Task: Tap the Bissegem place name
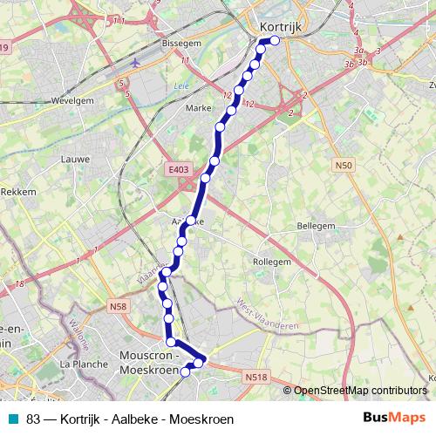point(181,42)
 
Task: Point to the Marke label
point(201,109)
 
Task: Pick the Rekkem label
point(17,191)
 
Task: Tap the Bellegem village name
point(317,226)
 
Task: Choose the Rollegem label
point(271,261)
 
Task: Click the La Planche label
point(82,364)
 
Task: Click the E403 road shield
point(178,169)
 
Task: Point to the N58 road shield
point(119,306)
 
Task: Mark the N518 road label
point(255,377)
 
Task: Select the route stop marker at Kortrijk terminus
point(275,40)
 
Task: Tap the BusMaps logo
point(394,419)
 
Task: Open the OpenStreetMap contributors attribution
point(360,391)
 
